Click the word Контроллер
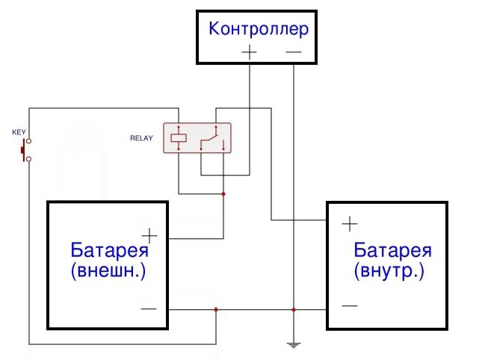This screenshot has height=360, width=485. click(259, 29)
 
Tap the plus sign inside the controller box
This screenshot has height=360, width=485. click(249, 52)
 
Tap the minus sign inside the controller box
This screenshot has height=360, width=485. click(294, 52)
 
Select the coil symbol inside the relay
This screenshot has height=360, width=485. click(179, 138)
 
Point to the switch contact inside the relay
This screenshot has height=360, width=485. click(213, 139)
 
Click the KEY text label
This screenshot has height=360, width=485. click(19, 132)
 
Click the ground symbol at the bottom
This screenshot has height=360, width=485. click(294, 345)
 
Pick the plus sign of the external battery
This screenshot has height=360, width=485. click(149, 236)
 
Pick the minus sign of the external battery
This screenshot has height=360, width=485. click(149, 308)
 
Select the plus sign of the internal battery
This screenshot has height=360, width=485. click(349, 223)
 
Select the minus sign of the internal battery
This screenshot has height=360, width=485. click(349, 305)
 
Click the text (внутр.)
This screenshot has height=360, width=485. click(389, 270)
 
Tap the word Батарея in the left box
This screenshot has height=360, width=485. click(109, 249)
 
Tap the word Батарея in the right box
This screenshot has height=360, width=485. click(392, 249)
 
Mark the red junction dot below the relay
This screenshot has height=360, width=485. click(223, 194)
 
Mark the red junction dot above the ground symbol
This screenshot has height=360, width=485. click(294, 309)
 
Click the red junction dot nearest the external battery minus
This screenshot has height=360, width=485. click(216, 309)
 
